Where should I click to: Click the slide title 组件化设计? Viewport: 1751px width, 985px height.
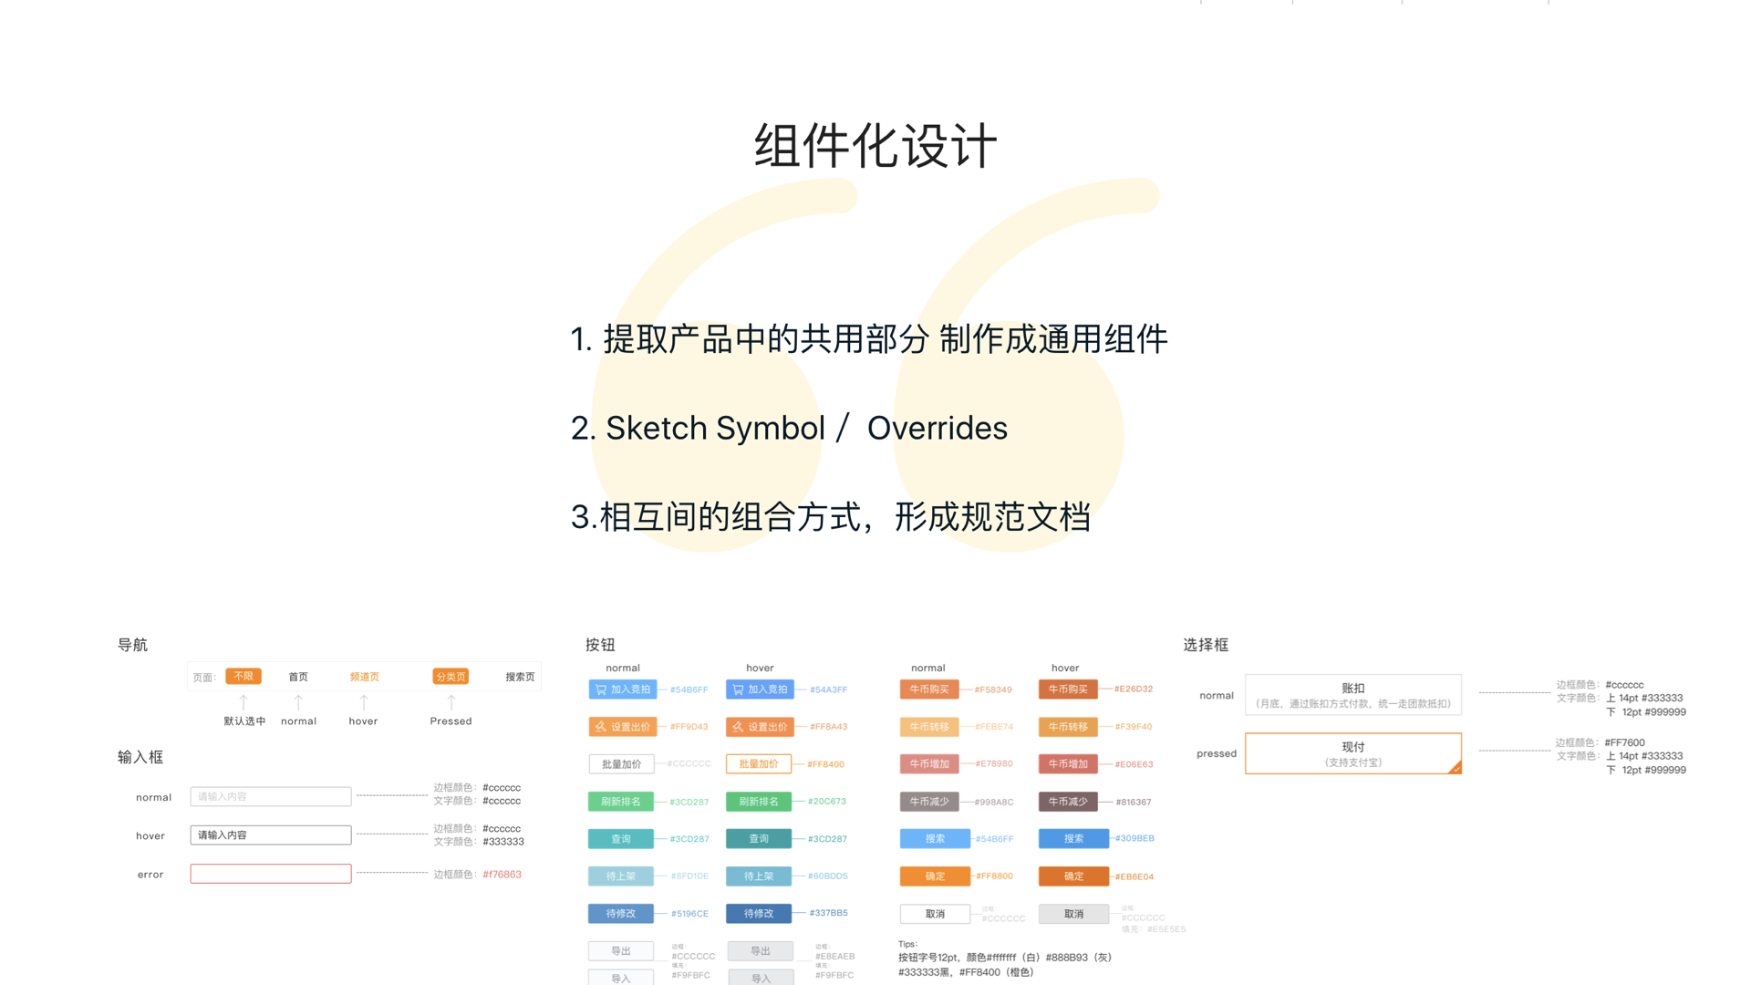875,146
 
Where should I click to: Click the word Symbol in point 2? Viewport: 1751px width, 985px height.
771,428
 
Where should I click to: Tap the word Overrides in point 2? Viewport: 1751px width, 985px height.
937,428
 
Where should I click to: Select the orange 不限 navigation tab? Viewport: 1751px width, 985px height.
243,676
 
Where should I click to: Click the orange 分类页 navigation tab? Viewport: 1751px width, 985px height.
451,677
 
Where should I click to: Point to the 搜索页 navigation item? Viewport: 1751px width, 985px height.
520,677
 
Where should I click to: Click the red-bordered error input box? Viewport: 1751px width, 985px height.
271,874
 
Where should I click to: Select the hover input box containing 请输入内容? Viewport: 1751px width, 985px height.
271,835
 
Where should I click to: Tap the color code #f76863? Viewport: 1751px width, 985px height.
502,874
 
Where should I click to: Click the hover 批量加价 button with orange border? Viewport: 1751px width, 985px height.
759,763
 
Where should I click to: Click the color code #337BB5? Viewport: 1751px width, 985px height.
828,912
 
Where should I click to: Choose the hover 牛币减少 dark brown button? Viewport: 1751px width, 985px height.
1068,802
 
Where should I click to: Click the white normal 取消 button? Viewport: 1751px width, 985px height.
935,913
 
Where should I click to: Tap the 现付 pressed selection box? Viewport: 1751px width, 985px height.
1353,753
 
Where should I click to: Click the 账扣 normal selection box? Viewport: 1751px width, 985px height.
1353,695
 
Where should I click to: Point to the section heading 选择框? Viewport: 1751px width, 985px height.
1206,645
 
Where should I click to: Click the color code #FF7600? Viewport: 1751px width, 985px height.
1625,742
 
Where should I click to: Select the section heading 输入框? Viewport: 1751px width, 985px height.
140,757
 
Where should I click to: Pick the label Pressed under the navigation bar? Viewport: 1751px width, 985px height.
451,721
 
